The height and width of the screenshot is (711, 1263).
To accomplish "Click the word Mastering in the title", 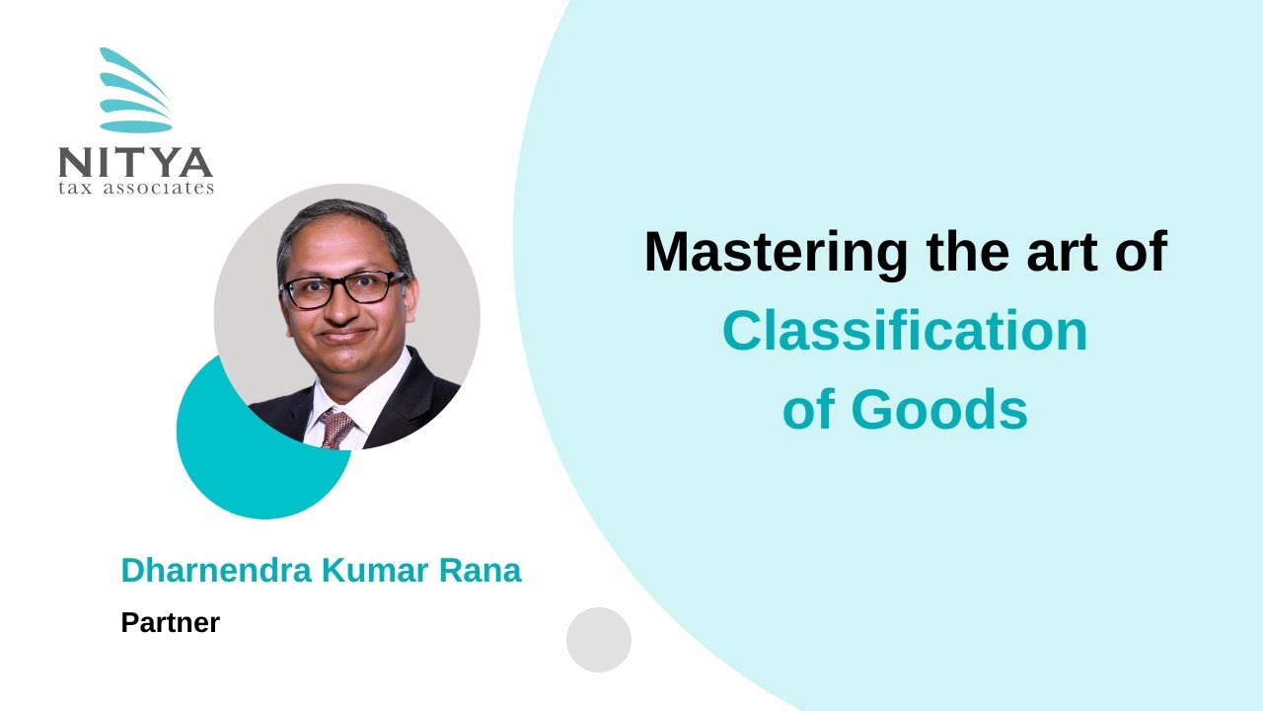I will (x=776, y=253).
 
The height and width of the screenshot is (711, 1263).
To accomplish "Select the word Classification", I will (x=904, y=332).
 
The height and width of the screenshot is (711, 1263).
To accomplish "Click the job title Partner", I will (x=170, y=623).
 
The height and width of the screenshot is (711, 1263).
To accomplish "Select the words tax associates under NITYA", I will (x=135, y=188).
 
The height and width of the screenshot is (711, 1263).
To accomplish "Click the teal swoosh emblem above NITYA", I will (x=136, y=91).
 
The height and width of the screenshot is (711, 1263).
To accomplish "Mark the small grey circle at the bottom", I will (x=598, y=640).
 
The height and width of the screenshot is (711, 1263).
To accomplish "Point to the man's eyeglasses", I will (x=342, y=287).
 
